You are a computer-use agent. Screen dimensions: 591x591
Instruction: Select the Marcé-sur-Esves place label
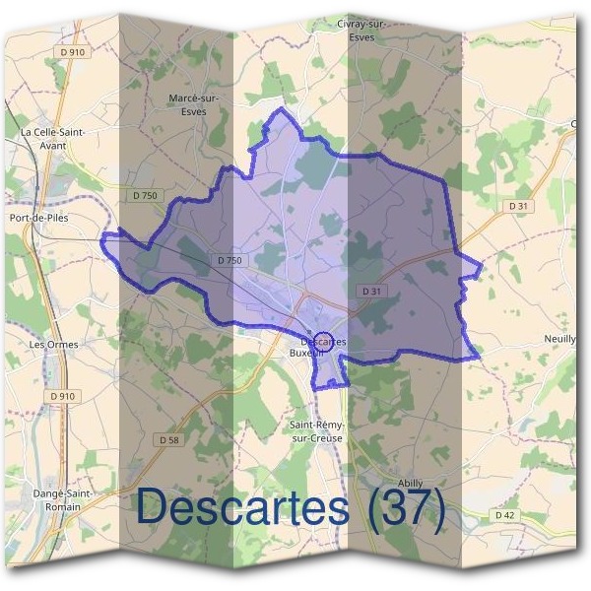point(194,104)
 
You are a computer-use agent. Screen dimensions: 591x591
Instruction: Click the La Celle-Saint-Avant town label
point(52,137)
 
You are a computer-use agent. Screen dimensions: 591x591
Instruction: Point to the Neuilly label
point(559,338)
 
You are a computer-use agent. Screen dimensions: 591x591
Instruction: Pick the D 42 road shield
point(504,515)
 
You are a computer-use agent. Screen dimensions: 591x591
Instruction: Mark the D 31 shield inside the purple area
point(371,292)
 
